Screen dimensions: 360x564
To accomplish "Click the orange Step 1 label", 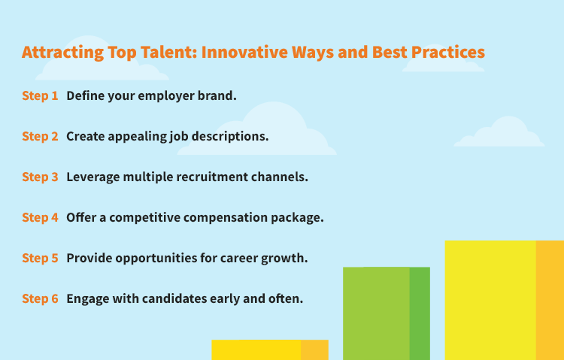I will [x=40, y=96].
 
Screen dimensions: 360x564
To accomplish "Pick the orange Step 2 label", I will [x=40, y=137].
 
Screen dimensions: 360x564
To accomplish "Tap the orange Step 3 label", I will [x=40, y=177].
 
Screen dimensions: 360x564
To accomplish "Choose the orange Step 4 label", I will [x=40, y=218].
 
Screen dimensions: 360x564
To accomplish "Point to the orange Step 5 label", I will [x=40, y=259].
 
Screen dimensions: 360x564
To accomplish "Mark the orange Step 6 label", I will [x=40, y=298].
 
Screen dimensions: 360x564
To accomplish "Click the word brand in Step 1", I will [x=218, y=96].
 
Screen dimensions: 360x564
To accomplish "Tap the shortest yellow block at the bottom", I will [x=269, y=349].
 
